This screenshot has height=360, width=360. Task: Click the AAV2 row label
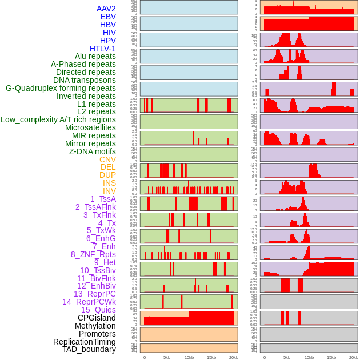point(106,9)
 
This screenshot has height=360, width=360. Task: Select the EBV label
point(108,17)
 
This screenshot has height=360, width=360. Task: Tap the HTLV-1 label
point(103,49)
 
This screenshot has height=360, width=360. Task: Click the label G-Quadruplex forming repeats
point(61,88)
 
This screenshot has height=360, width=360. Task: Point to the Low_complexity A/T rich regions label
point(58,119)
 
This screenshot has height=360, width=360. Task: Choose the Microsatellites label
point(90,127)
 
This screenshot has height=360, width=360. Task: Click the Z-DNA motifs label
point(93,151)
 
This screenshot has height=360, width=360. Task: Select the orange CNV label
point(107,159)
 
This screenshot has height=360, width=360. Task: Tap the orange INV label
point(109,191)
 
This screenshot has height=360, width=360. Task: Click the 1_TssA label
point(103,199)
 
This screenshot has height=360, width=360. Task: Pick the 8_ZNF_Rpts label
point(93,254)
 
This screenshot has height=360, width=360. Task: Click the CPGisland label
point(97,318)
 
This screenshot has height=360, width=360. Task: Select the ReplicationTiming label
point(85,342)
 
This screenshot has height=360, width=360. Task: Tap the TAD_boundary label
point(89,349)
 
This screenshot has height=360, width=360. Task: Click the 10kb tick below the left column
point(189,357)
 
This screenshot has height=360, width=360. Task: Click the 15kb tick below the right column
point(331,357)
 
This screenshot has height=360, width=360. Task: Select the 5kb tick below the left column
point(167,357)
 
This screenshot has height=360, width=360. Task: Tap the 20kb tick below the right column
point(354,357)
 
